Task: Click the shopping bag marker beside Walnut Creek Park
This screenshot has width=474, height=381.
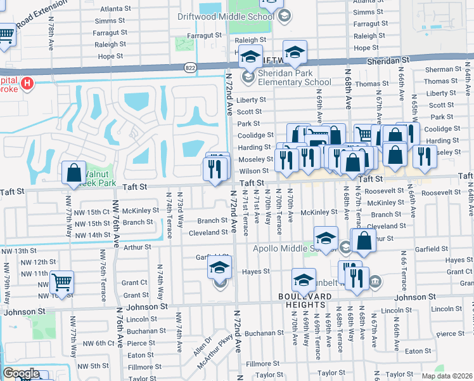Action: [74, 172]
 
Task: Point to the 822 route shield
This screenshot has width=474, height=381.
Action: [190, 67]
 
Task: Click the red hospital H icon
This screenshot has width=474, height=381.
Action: [27, 83]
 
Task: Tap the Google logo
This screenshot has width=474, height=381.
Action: [21, 374]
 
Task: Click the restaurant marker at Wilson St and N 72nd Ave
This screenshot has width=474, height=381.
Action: [215, 169]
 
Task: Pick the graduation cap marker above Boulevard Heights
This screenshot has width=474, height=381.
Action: [304, 279]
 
